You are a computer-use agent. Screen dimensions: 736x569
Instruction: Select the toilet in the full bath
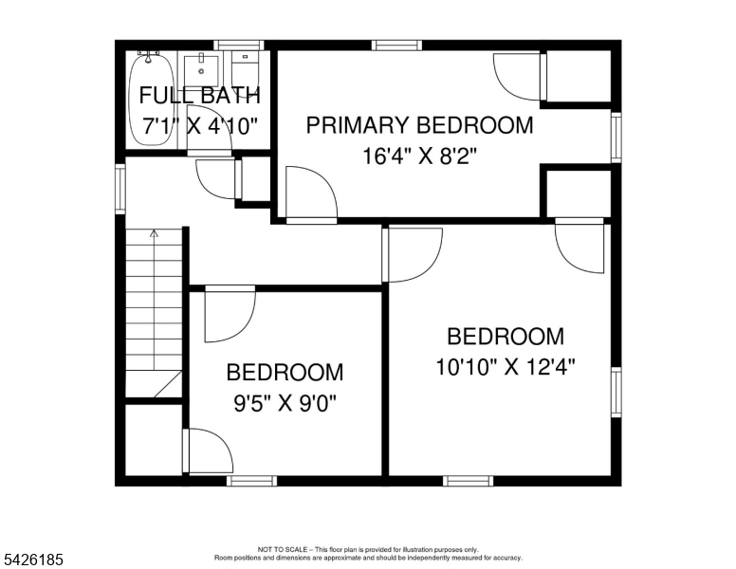pyautogui.click(x=245, y=70)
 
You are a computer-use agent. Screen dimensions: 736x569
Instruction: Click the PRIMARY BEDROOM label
pyautogui.click(x=419, y=125)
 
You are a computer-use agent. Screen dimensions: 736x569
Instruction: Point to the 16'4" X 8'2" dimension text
pyautogui.click(x=419, y=156)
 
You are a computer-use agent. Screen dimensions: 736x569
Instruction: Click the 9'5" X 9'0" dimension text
pyautogui.click(x=285, y=403)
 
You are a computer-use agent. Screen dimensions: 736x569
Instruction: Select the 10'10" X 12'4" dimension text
pyautogui.click(x=506, y=367)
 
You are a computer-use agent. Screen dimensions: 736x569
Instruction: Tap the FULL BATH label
pyautogui.click(x=199, y=95)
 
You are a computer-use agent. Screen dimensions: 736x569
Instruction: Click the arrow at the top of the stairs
pyautogui.click(x=154, y=233)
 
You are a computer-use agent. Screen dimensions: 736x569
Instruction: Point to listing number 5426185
pyautogui.click(x=33, y=560)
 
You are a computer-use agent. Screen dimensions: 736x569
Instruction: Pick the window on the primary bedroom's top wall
pyautogui.click(x=396, y=46)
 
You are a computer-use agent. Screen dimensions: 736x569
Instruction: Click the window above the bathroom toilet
pyautogui.click(x=239, y=46)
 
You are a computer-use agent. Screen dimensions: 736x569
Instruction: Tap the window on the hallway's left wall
pyautogui.click(x=120, y=190)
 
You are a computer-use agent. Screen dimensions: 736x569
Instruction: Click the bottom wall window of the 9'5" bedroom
pyautogui.click(x=251, y=481)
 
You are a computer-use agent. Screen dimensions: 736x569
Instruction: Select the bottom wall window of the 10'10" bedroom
pyautogui.click(x=468, y=481)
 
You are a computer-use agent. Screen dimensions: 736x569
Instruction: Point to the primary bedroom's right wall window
pyautogui.click(x=616, y=138)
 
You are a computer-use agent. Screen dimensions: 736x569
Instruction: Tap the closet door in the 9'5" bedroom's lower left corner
pyautogui.click(x=208, y=450)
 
